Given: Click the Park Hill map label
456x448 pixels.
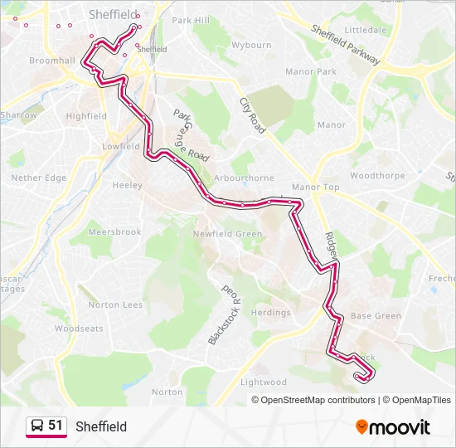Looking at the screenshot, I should click(190, 20).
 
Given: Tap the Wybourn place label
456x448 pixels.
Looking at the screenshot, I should click(251, 46).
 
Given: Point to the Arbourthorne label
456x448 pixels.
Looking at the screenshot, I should click(243, 178).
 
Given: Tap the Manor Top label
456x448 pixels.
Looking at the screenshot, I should click(316, 187).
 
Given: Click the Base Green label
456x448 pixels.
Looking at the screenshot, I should click(376, 316).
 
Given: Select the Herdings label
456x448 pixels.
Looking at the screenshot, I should click(271, 313).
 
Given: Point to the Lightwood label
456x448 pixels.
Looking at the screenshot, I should click(264, 382).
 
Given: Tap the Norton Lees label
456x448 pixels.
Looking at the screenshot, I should click(116, 304).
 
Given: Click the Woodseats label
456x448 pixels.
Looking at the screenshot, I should click(80, 329).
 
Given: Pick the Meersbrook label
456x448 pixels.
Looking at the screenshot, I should click(115, 232).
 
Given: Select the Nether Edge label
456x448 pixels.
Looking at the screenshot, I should click(38, 178).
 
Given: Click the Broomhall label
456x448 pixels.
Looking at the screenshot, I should click(52, 61).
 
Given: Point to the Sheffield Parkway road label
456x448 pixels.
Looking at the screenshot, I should click(346, 44).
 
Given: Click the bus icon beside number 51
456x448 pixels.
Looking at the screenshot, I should click(37, 426).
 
